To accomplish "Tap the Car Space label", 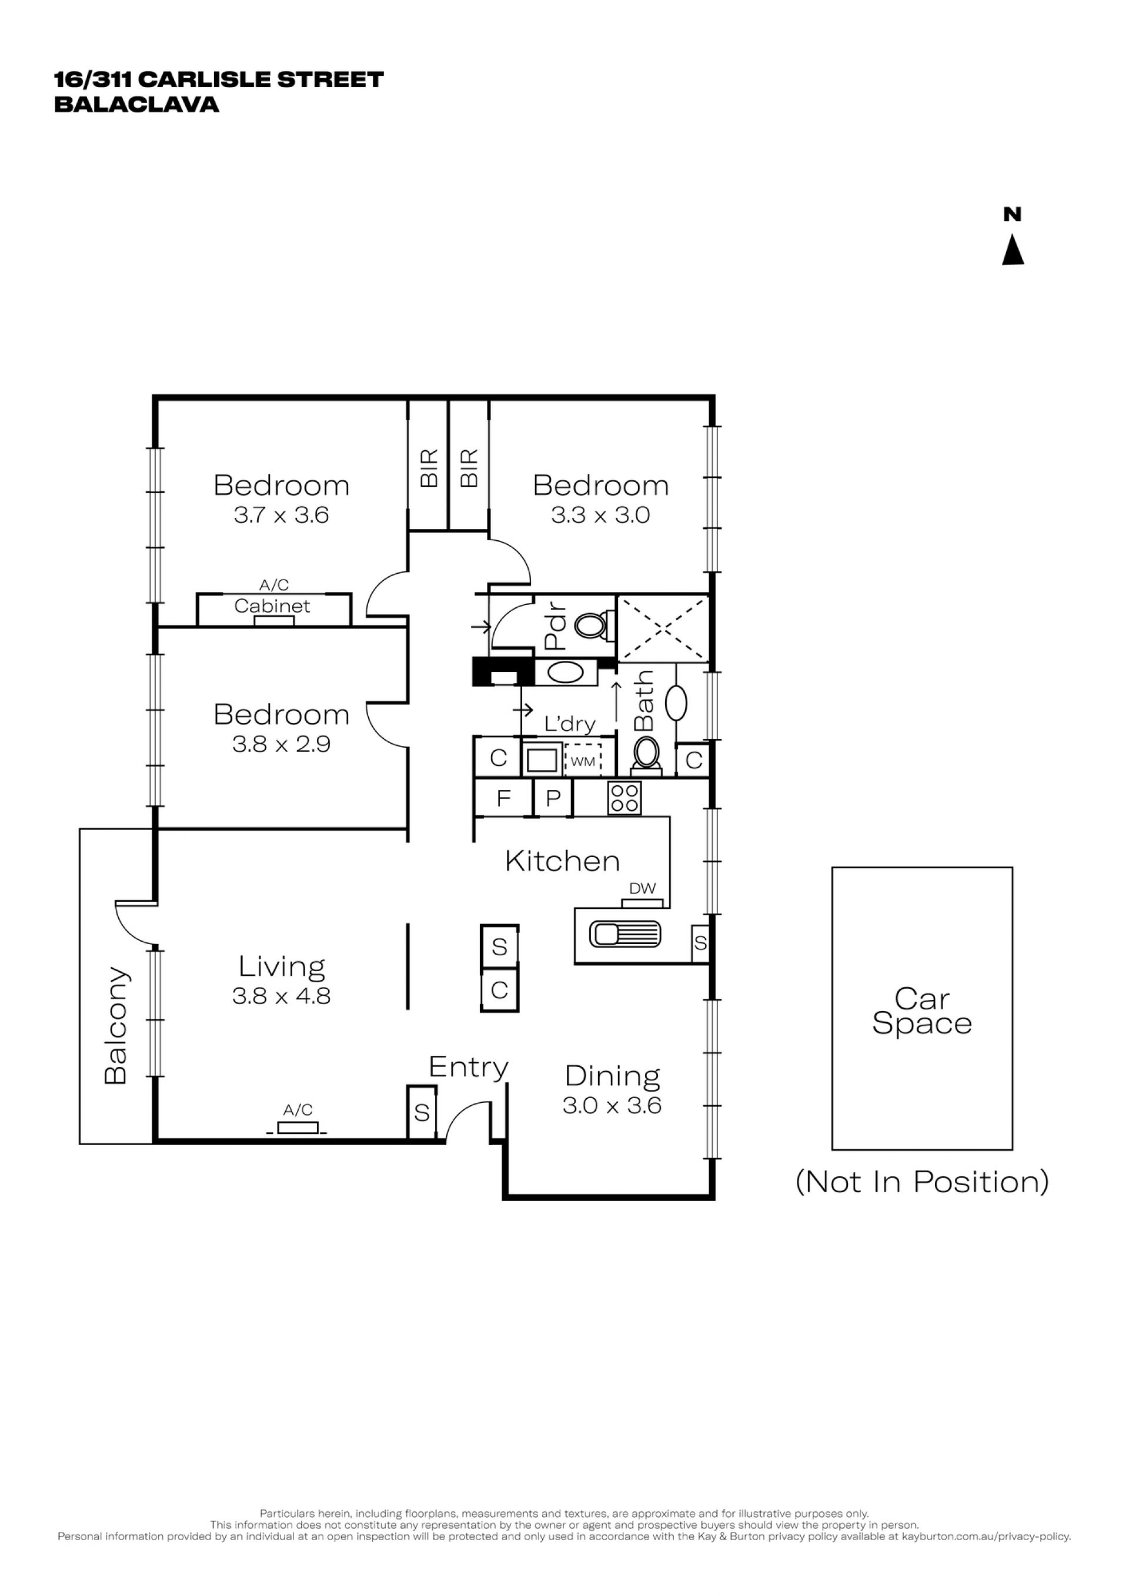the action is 922,1012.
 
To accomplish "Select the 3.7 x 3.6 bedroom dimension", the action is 281,515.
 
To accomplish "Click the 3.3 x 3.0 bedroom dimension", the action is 600,515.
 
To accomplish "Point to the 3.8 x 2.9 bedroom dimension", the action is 281,744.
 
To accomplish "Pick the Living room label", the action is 282,967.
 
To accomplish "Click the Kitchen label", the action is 562,861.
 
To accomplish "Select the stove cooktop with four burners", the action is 624,798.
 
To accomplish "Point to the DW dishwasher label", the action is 642,888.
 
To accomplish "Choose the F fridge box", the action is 503,798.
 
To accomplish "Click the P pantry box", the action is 553,798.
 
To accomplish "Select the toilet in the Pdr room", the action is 593,625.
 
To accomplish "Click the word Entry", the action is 469,1067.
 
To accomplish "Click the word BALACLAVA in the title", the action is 137,104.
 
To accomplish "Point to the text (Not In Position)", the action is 922,1182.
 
